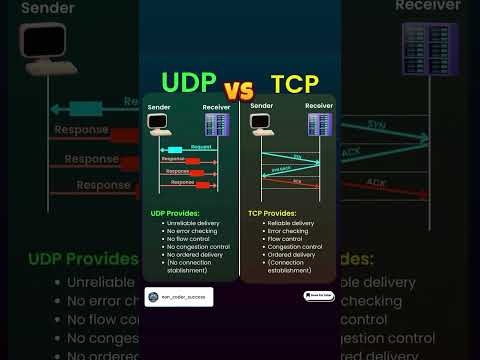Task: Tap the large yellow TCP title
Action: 295,84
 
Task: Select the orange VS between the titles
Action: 241,88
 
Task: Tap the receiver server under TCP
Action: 319,125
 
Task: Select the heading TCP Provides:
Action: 272,213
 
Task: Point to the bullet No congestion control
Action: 198,246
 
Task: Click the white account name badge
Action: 171,296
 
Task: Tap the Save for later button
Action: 319,296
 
